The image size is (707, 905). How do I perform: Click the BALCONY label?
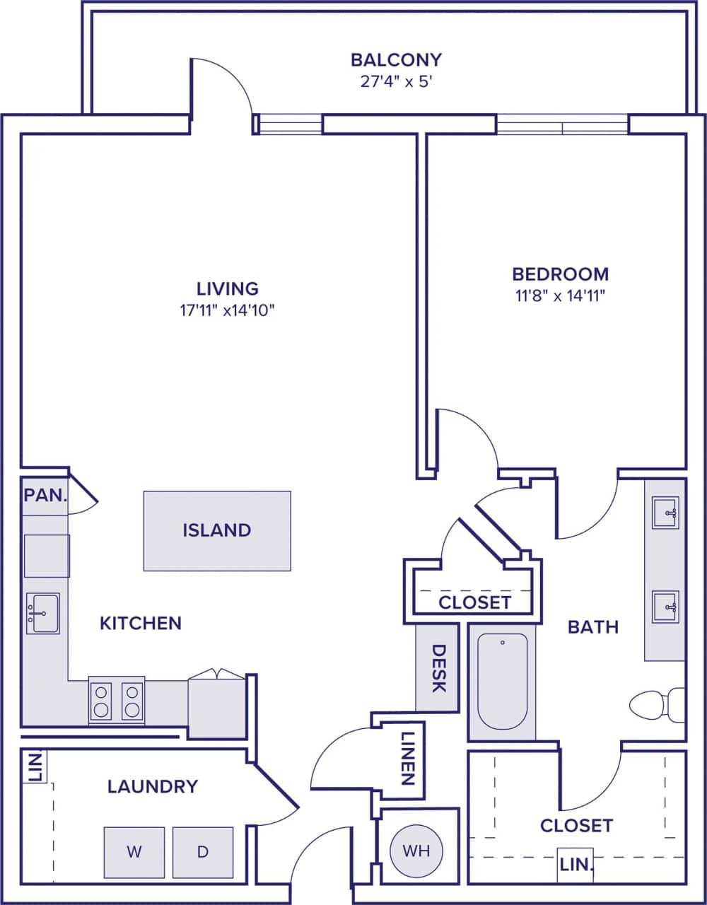396,59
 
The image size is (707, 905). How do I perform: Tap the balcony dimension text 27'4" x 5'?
396,81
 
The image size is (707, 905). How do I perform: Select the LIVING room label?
227,288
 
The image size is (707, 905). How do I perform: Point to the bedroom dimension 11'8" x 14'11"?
560,296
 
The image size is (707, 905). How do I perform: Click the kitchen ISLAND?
217,530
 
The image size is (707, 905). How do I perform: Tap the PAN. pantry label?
45,494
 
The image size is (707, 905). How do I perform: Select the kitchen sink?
42,613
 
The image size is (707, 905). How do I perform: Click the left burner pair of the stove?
101,701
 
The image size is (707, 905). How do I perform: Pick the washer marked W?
134,852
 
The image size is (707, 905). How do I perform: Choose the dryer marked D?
203,852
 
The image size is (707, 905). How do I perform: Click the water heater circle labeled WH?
416,851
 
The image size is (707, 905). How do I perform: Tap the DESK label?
438,668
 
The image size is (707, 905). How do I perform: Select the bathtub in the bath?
502,680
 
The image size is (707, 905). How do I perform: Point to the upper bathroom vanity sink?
665,512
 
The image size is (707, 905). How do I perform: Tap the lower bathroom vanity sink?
665,607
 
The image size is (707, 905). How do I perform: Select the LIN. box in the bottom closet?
575,865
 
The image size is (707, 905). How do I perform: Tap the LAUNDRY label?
152,786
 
